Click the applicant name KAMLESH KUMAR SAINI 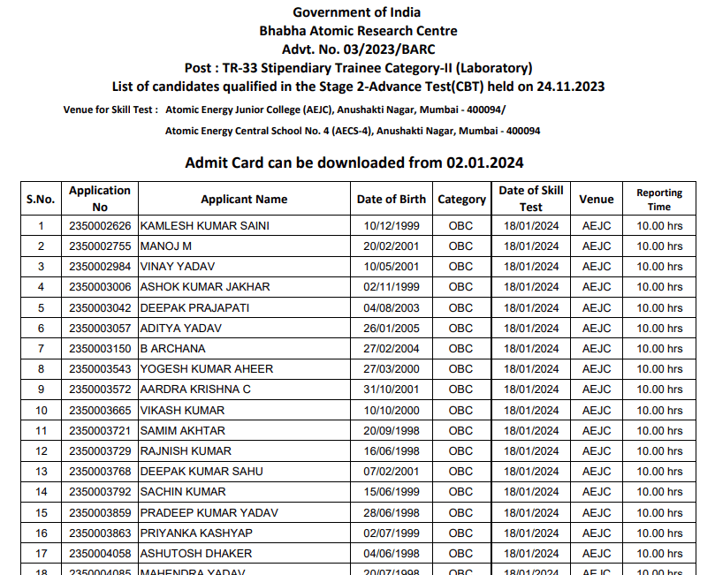(x=204, y=225)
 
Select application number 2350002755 (x=100, y=246)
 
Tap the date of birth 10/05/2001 (x=391, y=266)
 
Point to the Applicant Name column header (x=244, y=200)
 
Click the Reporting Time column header (x=659, y=200)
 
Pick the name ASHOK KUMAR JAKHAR (x=205, y=287)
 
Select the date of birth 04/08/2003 (x=391, y=307)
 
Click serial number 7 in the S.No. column (x=41, y=348)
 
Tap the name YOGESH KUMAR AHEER (x=207, y=368)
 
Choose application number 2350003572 (x=100, y=390)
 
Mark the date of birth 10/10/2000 (x=391, y=410)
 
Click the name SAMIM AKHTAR (x=183, y=430)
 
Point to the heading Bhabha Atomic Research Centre (x=358, y=31)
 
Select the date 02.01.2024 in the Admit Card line (x=485, y=163)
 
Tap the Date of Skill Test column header (x=531, y=199)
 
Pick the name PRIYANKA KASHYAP (x=196, y=533)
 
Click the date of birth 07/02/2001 (x=391, y=472)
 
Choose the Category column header (x=461, y=200)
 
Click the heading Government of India (x=357, y=12)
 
